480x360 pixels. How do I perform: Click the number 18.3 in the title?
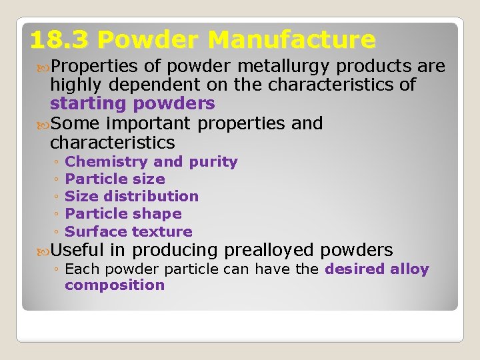pyautogui.click(x=59, y=41)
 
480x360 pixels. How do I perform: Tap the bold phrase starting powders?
pyautogui.click(x=133, y=104)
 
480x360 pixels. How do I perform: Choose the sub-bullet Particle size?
pyautogui.click(x=115, y=179)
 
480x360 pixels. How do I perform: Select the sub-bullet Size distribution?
pyautogui.click(x=132, y=197)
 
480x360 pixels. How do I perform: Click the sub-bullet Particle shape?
pyautogui.click(x=123, y=214)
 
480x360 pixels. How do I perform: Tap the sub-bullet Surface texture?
pyautogui.click(x=129, y=232)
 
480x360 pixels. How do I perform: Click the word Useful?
pyautogui.click(x=77, y=251)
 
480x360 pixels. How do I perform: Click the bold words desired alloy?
pyautogui.click(x=377, y=269)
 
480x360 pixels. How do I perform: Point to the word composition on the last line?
pyautogui.click(x=115, y=285)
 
